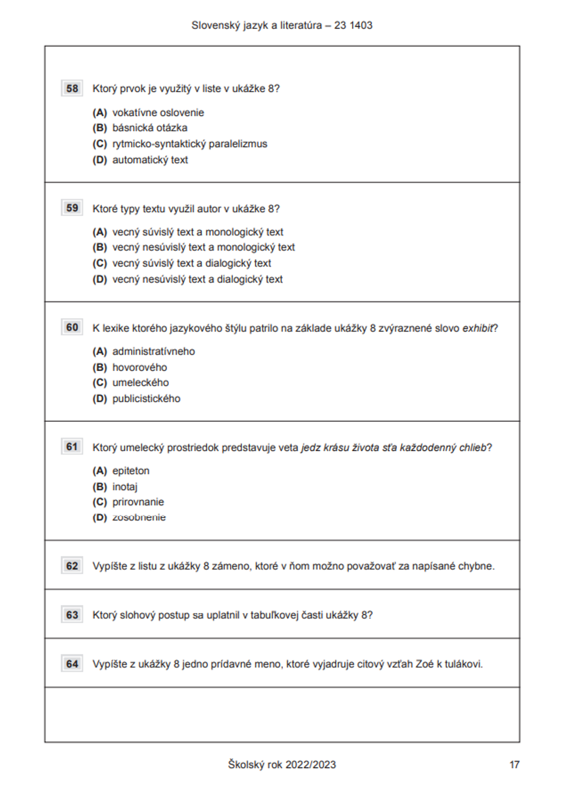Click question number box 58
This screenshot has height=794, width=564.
click(x=72, y=89)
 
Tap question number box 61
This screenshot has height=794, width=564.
click(x=72, y=447)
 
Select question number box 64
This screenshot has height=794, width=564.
click(x=72, y=664)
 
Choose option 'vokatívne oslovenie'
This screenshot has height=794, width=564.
click(x=158, y=113)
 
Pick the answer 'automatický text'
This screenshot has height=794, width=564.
click(x=150, y=160)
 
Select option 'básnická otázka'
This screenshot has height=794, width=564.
click(x=149, y=128)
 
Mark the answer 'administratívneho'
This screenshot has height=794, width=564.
click(x=153, y=351)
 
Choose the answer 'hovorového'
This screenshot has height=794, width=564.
click(x=139, y=368)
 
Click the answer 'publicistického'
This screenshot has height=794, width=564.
click(x=146, y=399)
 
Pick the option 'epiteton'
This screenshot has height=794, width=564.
click(x=131, y=471)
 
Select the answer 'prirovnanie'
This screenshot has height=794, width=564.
click(x=138, y=502)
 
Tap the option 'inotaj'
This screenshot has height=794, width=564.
click(x=125, y=487)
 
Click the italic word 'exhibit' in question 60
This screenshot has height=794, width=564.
click(x=478, y=328)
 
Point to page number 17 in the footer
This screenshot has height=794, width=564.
click(x=514, y=765)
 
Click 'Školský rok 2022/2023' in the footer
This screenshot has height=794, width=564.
click(x=281, y=765)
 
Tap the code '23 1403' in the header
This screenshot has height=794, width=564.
click(x=353, y=25)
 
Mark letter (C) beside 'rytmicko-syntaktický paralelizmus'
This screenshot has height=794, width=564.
click(x=100, y=144)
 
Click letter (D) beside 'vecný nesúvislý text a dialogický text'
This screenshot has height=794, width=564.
click(x=100, y=279)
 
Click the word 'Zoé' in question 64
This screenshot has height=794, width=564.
click(x=424, y=664)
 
